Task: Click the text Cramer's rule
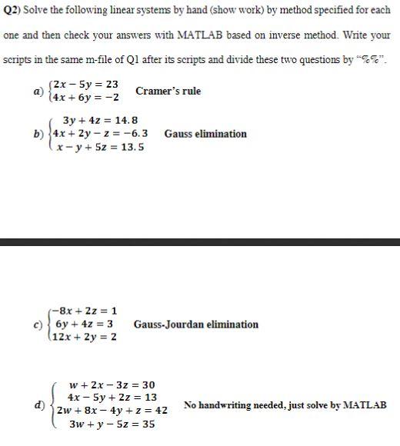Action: [168, 91]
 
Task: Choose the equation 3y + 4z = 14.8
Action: [101, 120]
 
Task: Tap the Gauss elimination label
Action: [205, 134]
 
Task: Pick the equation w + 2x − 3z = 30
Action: [112, 384]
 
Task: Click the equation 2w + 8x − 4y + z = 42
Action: [112, 411]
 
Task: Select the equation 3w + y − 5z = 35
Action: [112, 424]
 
